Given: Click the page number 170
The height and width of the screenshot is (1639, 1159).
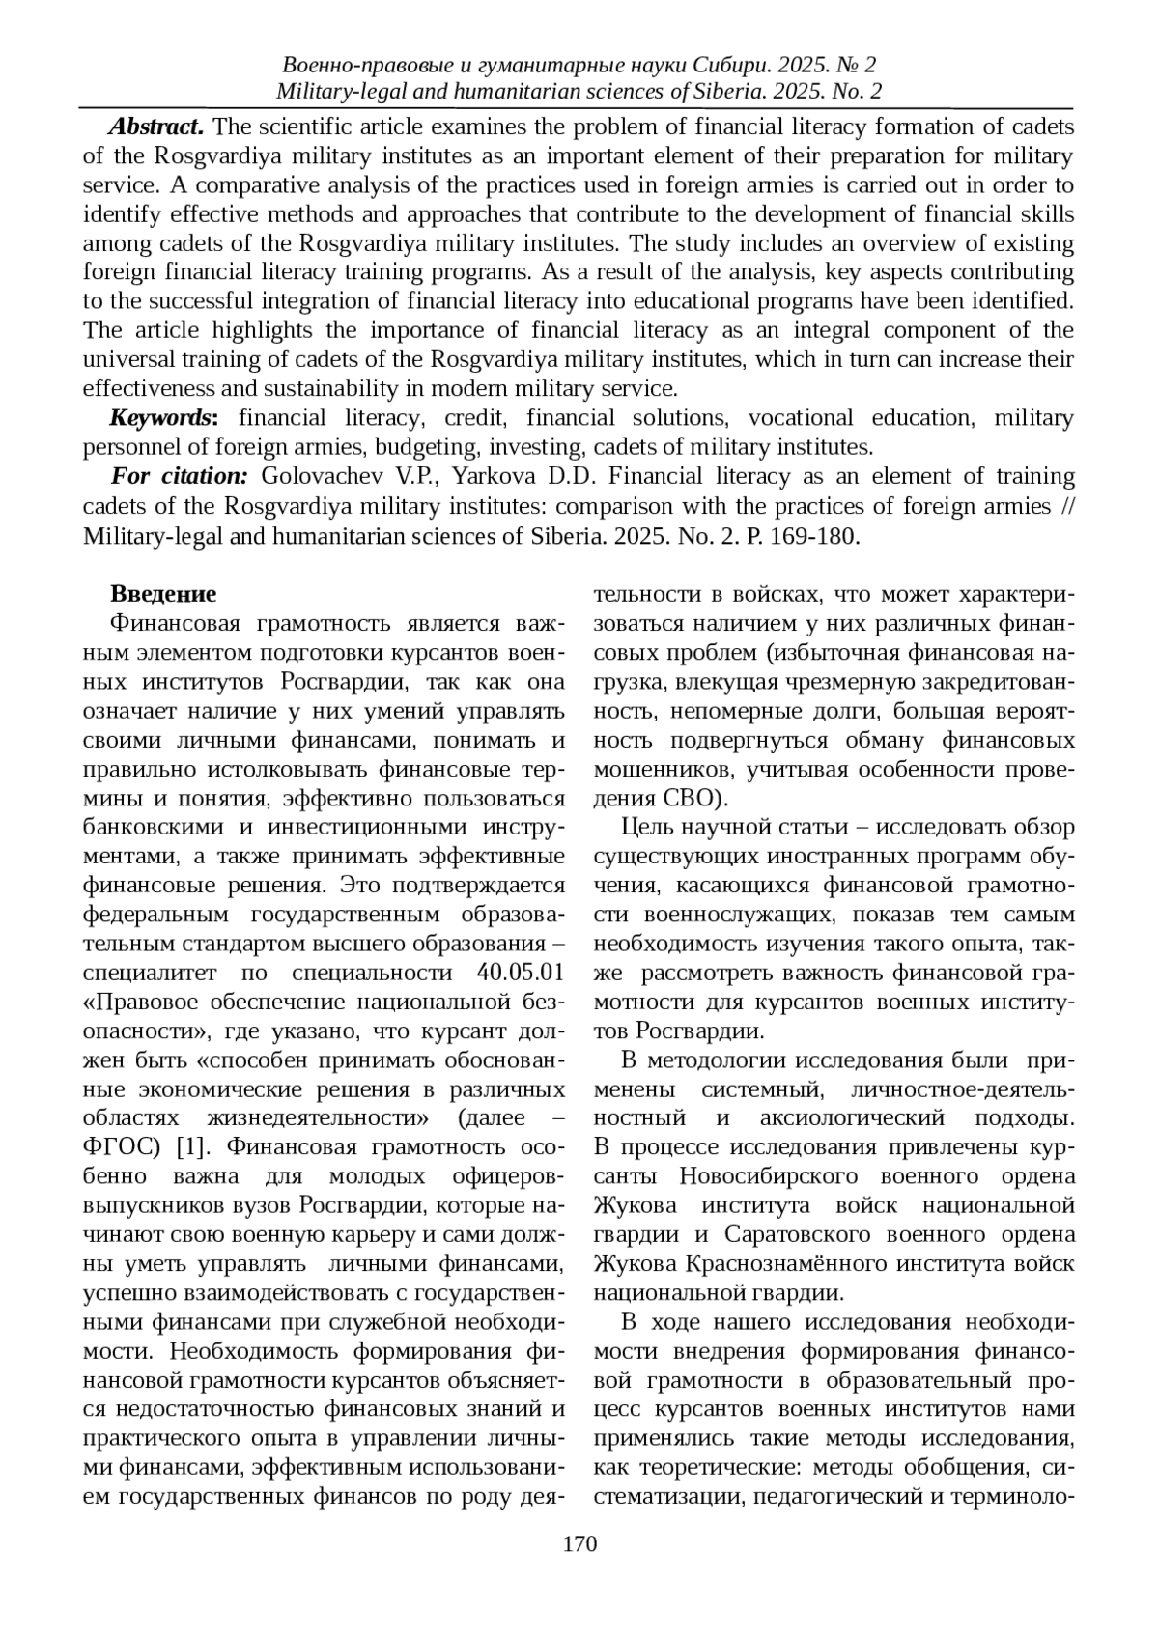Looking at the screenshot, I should pos(579,1543).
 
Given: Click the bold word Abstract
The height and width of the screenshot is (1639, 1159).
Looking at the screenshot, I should pos(155,127).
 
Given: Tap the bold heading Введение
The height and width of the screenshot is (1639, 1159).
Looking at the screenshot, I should pos(163,594).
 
